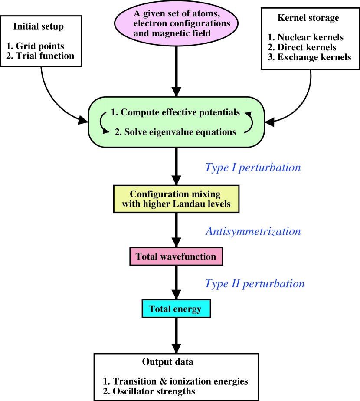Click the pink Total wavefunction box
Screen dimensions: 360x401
176,256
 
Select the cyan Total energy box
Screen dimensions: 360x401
176,309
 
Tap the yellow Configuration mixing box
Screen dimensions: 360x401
176,199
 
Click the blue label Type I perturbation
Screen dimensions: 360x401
253,168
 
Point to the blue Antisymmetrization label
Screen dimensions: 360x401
253,231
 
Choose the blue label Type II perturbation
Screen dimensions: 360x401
255,284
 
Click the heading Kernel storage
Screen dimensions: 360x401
308,18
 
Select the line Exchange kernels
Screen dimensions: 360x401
309,57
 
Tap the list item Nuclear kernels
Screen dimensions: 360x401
305,37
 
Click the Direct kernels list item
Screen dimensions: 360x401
302,47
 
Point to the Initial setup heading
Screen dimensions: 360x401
38,26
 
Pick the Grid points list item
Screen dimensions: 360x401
35,46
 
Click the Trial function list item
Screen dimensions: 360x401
40,56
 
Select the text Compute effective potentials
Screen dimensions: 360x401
175,112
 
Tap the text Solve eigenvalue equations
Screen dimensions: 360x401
175,132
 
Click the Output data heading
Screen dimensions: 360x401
168,362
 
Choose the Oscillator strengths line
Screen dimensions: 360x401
149,391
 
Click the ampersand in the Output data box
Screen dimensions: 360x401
163,381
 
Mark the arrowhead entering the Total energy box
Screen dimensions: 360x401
176,294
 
